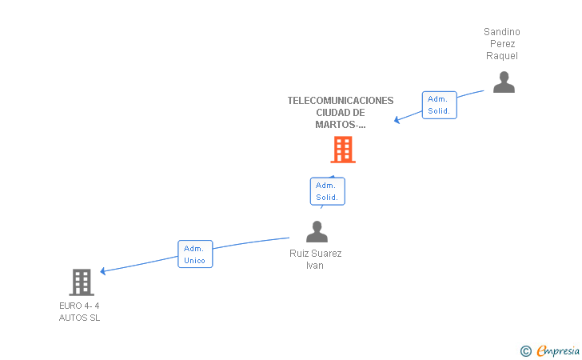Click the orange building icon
(343, 150)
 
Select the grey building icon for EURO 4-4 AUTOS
(82, 282)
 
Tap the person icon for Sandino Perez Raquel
(504, 82)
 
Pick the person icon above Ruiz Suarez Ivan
(317, 231)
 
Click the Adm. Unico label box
(195, 254)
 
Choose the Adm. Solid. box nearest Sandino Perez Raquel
(440, 105)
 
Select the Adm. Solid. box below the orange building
(328, 191)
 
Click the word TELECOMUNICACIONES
(341, 101)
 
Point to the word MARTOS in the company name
(335, 125)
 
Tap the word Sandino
(502, 32)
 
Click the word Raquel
(502, 56)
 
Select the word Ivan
(315, 266)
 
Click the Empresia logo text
(558, 351)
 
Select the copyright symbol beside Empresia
(526, 351)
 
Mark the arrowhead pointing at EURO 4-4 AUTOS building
(103, 271)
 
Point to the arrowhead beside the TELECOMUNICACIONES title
(397, 120)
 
